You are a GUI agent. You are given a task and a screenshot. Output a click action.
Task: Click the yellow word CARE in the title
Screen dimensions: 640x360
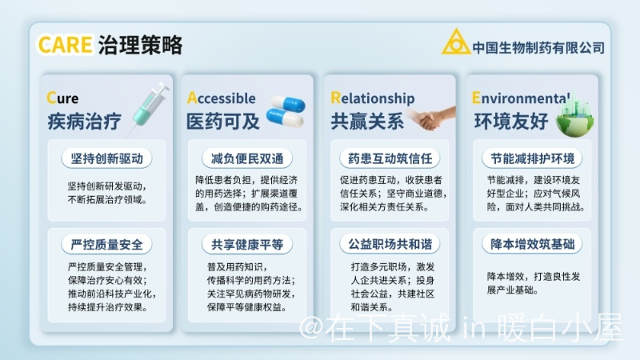(66, 45)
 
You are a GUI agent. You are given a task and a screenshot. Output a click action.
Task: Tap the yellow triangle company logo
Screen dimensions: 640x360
(456, 42)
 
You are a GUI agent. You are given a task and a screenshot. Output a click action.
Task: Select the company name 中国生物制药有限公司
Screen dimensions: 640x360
(538, 48)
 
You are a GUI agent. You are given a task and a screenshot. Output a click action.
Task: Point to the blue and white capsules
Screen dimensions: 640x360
(286, 111)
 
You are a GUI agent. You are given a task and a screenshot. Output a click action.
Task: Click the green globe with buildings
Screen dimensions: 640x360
(574, 115)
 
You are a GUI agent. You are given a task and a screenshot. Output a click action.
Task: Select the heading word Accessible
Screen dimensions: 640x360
(222, 98)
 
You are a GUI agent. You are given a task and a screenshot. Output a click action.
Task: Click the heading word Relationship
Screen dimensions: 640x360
(372, 98)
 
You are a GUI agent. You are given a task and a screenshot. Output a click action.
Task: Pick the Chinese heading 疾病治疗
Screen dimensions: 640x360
(84, 122)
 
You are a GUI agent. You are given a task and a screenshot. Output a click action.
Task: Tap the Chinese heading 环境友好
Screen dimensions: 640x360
(510, 122)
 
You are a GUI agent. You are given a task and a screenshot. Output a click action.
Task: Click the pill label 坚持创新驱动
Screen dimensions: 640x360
(106, 158)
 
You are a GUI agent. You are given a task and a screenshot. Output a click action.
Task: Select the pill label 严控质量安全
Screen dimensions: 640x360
(106, 245)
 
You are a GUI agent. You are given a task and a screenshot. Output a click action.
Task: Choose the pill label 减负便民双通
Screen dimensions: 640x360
(247, 158)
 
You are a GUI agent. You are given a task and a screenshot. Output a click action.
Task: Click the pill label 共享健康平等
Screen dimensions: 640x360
(247, 245)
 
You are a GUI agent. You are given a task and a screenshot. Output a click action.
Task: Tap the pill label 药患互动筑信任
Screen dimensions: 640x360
(390, 158)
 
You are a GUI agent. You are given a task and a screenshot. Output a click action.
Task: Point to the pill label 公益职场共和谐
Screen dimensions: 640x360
(390, 244)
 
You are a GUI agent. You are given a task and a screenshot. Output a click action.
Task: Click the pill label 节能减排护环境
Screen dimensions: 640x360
(532, 158)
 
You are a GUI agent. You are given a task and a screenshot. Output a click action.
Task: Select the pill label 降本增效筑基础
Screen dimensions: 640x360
(532, 244)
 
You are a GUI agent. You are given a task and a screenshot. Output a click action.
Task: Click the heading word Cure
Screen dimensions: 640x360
(62, 98)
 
